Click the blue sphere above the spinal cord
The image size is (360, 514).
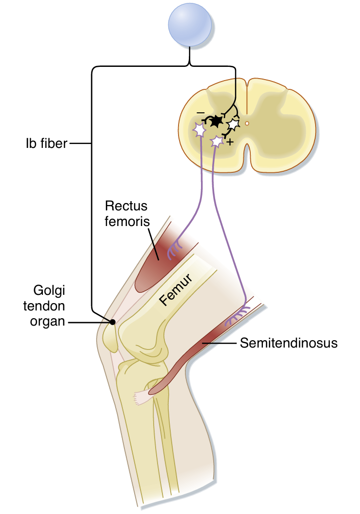[190, 25]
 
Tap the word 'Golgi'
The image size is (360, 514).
[49, 292]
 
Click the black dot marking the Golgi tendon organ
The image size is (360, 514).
[113, 322]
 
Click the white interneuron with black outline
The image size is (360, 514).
[234, 124]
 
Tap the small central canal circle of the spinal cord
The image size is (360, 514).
[247, 124]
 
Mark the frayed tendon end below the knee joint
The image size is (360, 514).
[141, 397]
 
